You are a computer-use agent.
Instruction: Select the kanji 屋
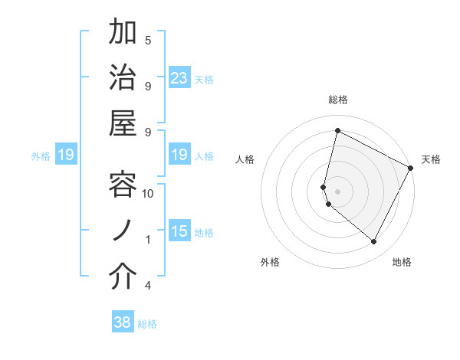point(123,124)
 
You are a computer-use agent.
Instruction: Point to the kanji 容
point(123,185)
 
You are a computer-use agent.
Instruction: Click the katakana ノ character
point(123,231)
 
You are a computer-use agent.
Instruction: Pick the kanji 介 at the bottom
point(123,277)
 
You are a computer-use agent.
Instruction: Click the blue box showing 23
point(179,78)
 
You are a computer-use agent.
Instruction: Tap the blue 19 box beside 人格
point(179,155)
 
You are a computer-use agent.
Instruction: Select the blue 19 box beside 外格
point(66,155)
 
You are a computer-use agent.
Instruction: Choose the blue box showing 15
point(179,232)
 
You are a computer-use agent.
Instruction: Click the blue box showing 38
point(123,323)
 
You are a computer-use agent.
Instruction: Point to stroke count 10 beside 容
point(148,193)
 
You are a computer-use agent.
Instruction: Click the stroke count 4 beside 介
point(148,286)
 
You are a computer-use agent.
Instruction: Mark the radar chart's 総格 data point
point(337,131)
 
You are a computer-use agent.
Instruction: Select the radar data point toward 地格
point(373,242)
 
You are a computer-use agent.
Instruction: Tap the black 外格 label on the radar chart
point(270,262)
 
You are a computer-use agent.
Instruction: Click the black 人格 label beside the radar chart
point(245,159)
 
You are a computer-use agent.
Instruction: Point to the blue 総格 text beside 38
point(147,324)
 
